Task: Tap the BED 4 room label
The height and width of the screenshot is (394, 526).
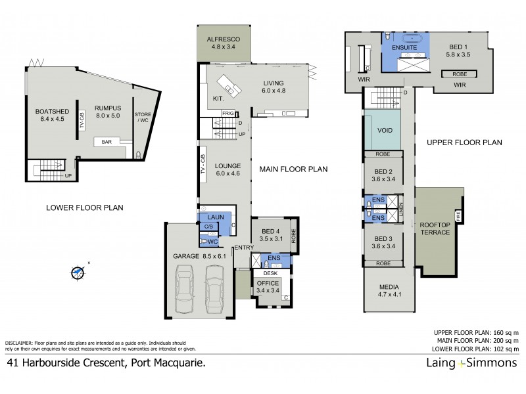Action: point(269,235)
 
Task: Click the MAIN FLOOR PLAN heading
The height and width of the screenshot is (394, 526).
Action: point(293,169)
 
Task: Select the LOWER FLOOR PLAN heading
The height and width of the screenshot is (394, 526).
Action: point(85,208)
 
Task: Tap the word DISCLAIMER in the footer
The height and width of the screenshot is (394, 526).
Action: point(22,343)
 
